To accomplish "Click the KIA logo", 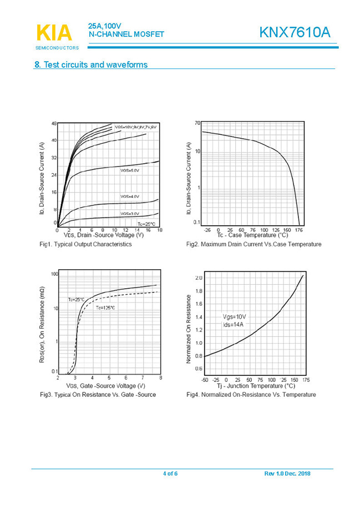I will pyautogui.click(x=54, y=33).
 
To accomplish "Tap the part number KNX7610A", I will pyautogui.click(x=295, y=33).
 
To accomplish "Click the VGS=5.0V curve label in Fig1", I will pyautogui.click(x=130, y=170).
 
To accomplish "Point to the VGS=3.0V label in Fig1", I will pyautogui.click(x=130, y=214).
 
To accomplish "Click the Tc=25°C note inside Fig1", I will pyautogui.click(x=146, y=223).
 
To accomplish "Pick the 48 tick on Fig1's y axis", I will pyautogui.click(x=54, y=123).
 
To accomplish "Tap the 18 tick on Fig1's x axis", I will pyautogui.click(x=159, y=230).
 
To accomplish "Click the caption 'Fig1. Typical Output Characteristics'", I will pyautogui.click(x=85, y=244).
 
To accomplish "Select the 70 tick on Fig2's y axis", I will pyautogui.click(x=197, y=123).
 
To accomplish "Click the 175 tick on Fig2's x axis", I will pyautogui.click(x=299, y=230).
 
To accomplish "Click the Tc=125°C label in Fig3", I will pyautogui.click(x=105, y=308).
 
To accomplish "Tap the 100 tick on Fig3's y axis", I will pyautogui.click(x=54, y=274).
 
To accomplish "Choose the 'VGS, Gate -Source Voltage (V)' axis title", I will pyautogui.click(x=105, y=386).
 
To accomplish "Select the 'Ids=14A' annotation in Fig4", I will pyautogui.click(x=233, y=325).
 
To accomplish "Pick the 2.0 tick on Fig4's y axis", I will pyautogui.click(x=199, y=277).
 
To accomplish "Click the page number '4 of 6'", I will pyautogui.click(x=170, y=473).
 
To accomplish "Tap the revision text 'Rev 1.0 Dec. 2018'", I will pyautogui.click(x=287, y=473).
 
